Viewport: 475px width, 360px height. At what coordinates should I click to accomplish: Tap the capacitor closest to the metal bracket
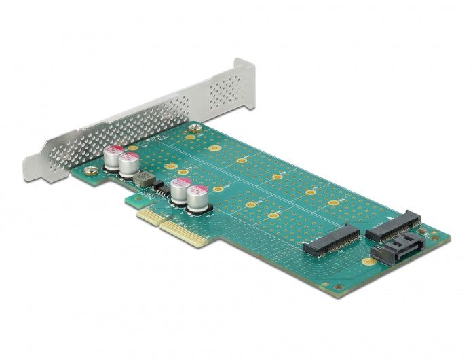coord(113,158)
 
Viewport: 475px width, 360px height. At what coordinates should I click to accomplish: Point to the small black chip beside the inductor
coord(157,185)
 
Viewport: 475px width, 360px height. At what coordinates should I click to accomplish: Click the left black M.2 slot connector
coord(332,239)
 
